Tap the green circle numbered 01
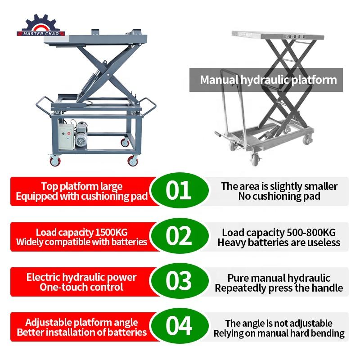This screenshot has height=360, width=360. tap(179, 190)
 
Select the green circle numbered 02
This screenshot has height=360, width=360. tap(179, 236)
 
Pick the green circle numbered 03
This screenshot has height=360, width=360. tap(179, 281)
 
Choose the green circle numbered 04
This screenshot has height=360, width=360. tap(179, 326)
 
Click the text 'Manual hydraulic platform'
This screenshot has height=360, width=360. tap(268, 80)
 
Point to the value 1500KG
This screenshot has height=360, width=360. tap(111, 232)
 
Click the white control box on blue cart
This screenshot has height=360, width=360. tap(66, 137)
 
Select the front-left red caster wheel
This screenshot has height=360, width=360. tap(55, 160)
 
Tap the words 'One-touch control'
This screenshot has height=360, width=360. tap(81, 287)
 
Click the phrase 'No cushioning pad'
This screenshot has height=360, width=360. tap(279, 196)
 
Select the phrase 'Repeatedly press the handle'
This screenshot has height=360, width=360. tap(279, 288)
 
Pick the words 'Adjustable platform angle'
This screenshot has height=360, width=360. tap(81, 323)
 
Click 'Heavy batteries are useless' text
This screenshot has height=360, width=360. tap(279, 243)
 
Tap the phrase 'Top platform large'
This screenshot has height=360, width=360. tap(82, 186)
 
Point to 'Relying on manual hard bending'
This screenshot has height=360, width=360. tap(279, 333)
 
